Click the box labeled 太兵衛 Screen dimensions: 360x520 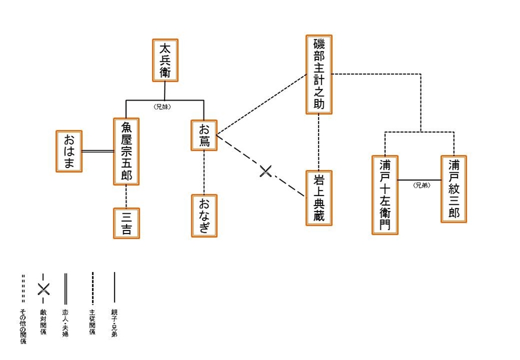pyautogui.click(x=165, y=61)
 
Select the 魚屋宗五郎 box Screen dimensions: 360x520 pyautogui.click(x=126, y=151)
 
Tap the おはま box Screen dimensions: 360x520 pyautogui.click(x=69, y=151)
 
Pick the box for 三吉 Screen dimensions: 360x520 pyautogui.click(x=126, y=223)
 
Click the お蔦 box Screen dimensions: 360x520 pyautogui.click(x=204, y=135)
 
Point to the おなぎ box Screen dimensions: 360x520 pyautogui.click(x=204, y=215)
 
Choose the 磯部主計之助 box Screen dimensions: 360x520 pyautogui.click(x=319, y=74)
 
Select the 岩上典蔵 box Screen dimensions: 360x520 pyautogui.click(x=319, y=198)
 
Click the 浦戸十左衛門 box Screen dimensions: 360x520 pyautogui.click(x=385, y=195)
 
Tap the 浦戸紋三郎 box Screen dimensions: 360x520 pyautogui.click(x=453, y=189)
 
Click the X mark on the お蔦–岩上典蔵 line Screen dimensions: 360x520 pyautogui.click(x=266, y=172)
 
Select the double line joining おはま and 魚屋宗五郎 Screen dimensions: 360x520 pyautogui.click(x=97, y=151)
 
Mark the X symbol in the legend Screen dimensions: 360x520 pyautogui.click(x=43, y=289)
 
